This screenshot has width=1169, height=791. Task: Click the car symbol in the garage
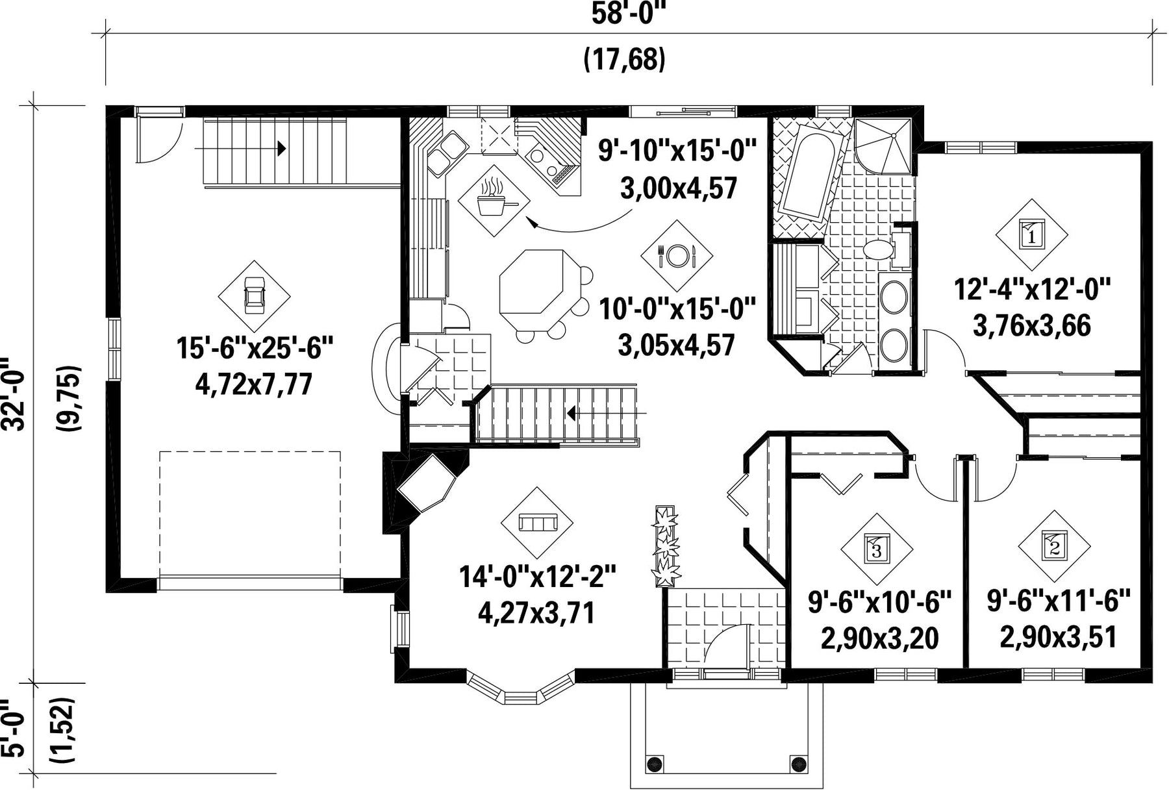[254, 296]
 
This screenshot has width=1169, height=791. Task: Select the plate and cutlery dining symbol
[676, 255]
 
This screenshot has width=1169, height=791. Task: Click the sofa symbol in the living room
[537, 522]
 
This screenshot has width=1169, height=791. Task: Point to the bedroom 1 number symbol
[1032, 234]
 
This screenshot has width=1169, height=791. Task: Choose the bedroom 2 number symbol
[1053, 546]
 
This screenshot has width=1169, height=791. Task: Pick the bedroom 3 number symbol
[877, 549]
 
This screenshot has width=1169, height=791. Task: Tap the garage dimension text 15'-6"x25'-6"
[255, 349]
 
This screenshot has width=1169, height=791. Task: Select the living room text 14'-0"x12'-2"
[537, 576]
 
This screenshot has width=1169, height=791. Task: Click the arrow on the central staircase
[607, 413]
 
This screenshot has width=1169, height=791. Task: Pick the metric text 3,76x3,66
[1031, 325]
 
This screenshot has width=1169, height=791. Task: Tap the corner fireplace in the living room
[425, 484]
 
